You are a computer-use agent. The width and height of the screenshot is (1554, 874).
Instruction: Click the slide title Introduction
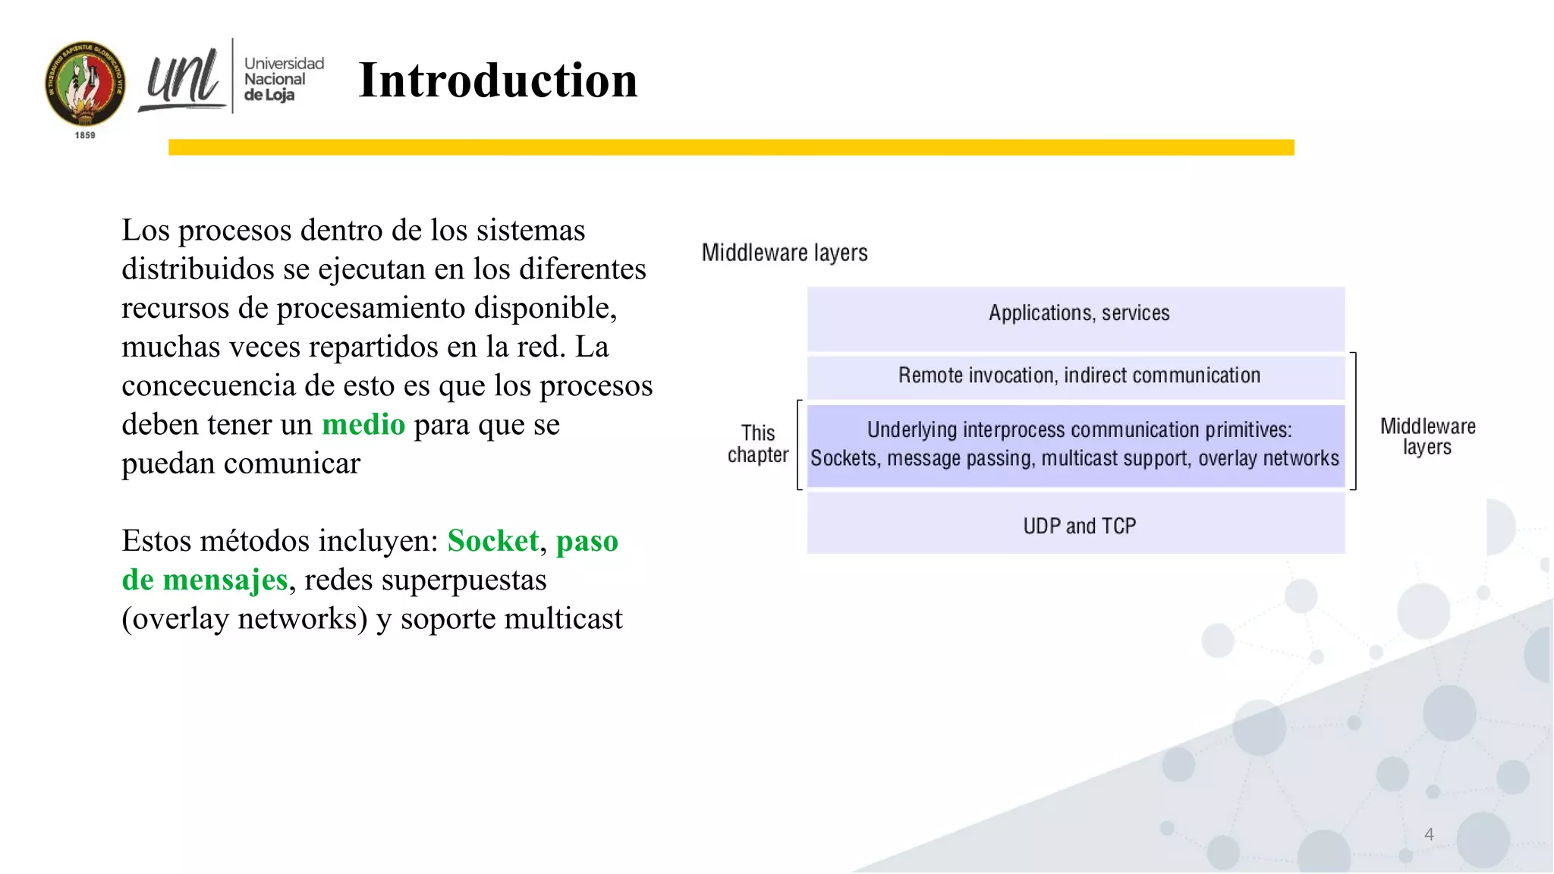pyautogui.click(x=498, y=80)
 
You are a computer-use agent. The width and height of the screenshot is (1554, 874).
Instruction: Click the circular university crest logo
pyautogui.click(x=85, y=83)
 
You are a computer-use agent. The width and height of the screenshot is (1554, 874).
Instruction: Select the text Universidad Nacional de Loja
pyautogui.click(x=283, y=79)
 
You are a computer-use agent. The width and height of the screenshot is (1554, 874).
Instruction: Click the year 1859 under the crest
pyautogui.click(x=85, y=135)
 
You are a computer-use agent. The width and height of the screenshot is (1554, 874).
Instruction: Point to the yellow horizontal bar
pyautogui.click(x=731, y=147)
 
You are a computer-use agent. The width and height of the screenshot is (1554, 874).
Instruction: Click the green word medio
pyautogui.click(x=363, y=424)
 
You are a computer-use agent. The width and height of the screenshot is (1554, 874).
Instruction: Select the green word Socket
pyautogui.click(x=492, y=541)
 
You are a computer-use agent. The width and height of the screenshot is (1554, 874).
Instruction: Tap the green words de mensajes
pyautogui.click(x=205, y=580)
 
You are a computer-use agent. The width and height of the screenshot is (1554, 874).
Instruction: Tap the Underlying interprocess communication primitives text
pyautogui.click(x=1078, y=430)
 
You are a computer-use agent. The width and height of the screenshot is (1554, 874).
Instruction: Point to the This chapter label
pyautogui.click(x=757, y=444)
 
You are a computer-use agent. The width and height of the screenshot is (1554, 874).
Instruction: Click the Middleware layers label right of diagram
pyautogui.click(x=1427, y=436)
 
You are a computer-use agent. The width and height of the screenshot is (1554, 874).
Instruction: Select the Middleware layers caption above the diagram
pyautogui.click(x=784, y=253)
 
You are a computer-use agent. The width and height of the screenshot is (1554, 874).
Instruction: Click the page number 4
pyautogui.click(x=1429, y=835)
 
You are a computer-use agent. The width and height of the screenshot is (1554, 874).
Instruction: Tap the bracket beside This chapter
pyautogui.click(x=799, y=445)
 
